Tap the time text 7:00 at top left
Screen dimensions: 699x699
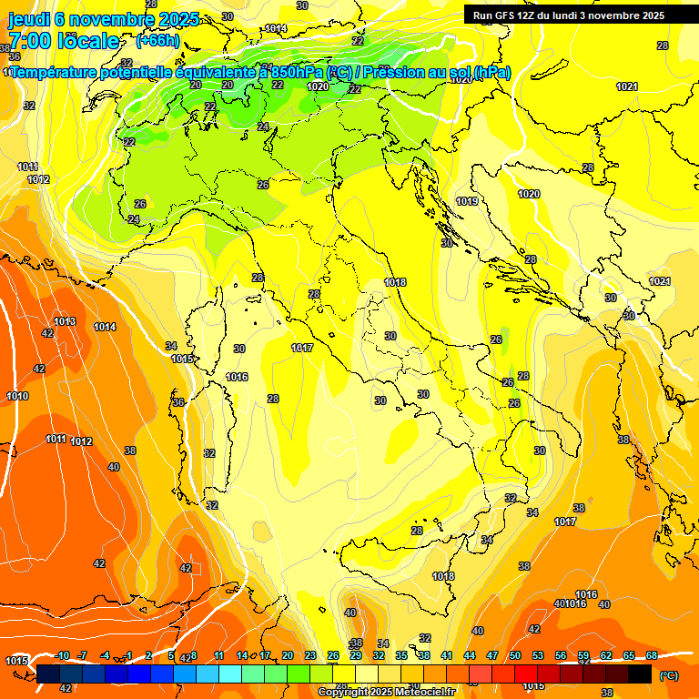point(30,41)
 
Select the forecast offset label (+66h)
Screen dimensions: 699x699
point(157,41)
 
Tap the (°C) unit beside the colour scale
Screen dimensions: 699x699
point(668,674)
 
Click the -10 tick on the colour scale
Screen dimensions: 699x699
point(62,655)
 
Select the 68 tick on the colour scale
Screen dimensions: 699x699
point(652,655)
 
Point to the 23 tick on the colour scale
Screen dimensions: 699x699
point(310,655)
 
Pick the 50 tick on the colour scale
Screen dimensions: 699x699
point(515,655)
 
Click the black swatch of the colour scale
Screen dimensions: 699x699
point(640,674)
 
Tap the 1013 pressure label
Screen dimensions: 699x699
point(65,321)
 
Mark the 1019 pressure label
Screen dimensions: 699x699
point(467,201)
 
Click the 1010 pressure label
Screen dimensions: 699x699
point(17,396)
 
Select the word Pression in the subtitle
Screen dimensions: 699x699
point(395,73)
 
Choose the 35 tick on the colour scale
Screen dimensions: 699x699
point(401,655)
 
